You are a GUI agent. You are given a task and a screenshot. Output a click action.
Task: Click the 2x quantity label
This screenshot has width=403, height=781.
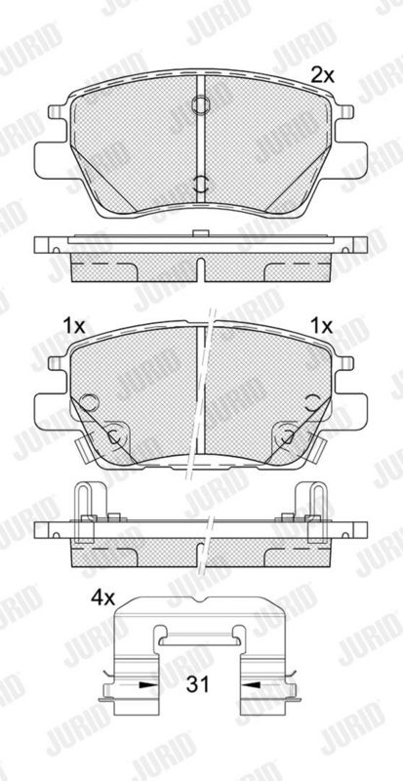[322, 76]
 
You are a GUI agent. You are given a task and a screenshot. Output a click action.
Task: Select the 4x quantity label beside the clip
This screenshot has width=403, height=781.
[102, 597]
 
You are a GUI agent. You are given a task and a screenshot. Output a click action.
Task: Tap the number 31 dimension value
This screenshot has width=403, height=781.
[198, 684]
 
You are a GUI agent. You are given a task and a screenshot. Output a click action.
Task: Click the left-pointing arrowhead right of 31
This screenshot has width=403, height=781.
[250, 685]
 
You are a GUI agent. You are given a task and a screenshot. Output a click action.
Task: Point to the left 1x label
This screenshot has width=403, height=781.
[74, 326]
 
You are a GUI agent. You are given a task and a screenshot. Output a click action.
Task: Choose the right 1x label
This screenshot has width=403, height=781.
[321, 326]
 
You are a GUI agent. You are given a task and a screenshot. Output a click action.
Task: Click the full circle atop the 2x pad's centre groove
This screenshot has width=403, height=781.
[200, 104]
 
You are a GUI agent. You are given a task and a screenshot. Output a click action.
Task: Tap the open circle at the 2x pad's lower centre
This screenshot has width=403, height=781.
[200, 185]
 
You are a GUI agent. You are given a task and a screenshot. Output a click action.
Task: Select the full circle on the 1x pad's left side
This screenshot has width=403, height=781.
[89, 401]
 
